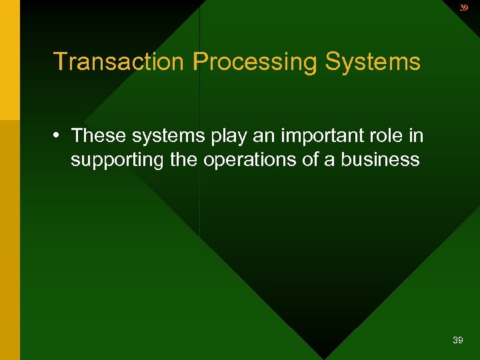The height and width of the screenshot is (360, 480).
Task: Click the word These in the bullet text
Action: pyautogui.click(x=99, y=135)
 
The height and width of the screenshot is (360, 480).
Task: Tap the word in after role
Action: pyautogui.click(x=417, y=135)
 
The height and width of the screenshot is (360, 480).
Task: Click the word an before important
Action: pyautogui.click(x=269, y=137)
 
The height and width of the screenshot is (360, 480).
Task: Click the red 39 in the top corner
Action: pyautogui.click(x=464, y=8)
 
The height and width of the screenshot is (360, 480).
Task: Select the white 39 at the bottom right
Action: pyautogui.click(x=457, y=341)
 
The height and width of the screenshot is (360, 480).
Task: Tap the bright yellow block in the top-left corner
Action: pyautogui.click(x=9, y=60)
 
